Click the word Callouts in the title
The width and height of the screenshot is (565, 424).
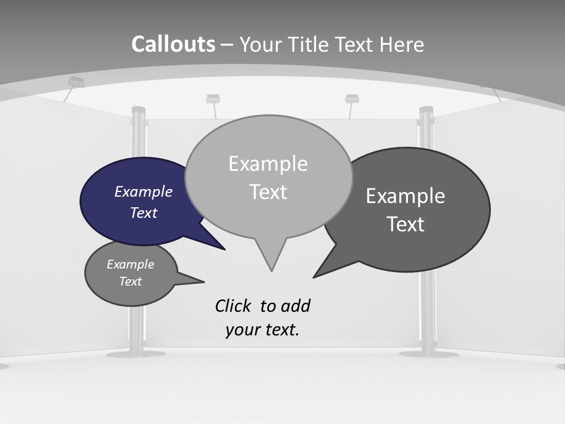173,44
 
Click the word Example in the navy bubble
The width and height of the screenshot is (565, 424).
143,191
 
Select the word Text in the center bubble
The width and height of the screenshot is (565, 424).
268,192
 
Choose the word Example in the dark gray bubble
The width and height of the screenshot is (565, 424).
406,196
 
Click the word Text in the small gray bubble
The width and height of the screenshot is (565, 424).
130,281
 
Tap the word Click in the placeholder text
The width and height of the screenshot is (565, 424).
233,306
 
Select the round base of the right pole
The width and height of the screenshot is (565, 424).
428,354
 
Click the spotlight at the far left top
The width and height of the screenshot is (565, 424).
76,82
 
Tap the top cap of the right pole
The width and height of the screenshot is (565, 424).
426,110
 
